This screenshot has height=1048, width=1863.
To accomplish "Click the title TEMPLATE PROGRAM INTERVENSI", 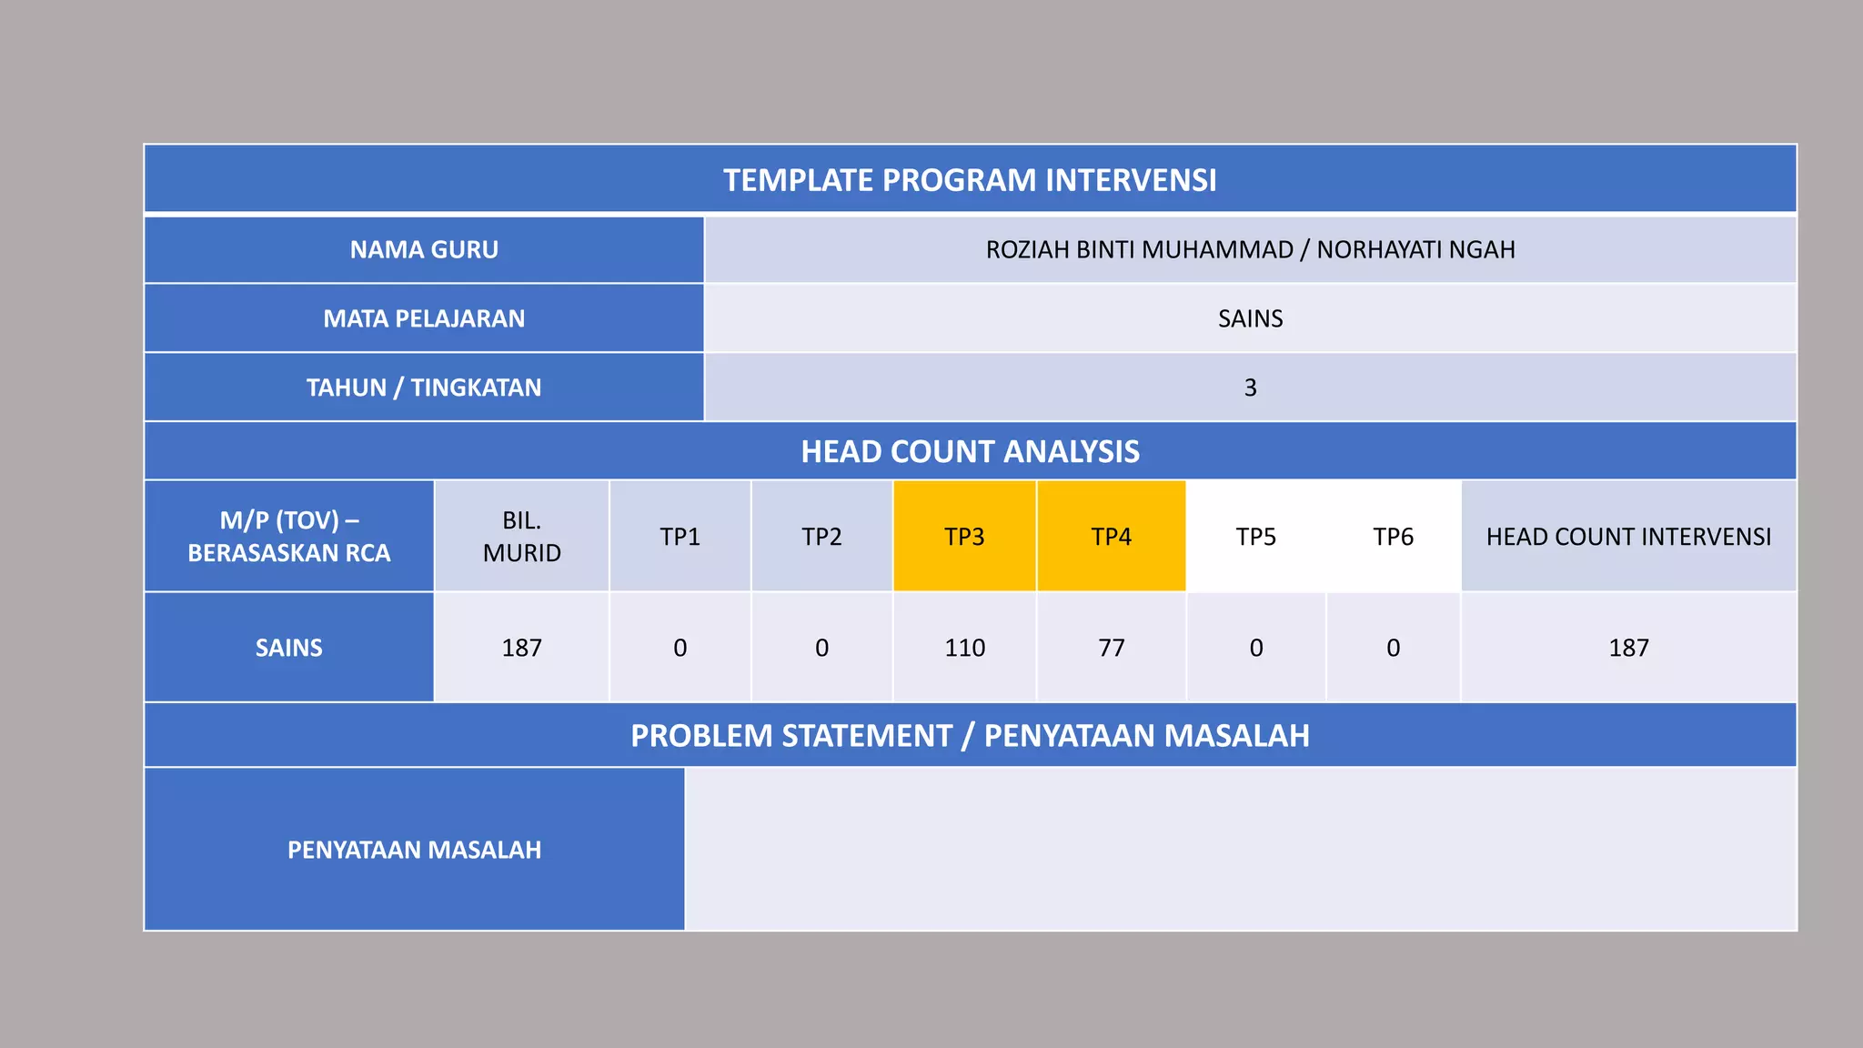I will [x=970, y=180].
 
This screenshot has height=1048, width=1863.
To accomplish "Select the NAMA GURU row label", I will [x=424, y=249].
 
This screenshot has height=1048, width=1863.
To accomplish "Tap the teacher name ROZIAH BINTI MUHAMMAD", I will [x=1139, y=249].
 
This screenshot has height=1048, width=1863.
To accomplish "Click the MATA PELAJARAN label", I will [x=424, y=318].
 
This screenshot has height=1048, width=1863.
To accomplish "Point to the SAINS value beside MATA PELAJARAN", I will [x=1250, y=318].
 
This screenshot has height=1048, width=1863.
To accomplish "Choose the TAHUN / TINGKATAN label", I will [x=424, y=388].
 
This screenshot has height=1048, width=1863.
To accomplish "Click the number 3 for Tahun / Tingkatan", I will [x=1250, y=388].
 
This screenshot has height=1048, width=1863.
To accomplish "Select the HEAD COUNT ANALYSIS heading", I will [x=970, y=451].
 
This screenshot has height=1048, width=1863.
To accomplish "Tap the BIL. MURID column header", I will [x=521, y=537].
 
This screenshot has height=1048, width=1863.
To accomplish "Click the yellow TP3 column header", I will [x=964, y=537].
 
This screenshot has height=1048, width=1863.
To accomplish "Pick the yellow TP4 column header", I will [x=1111, y=537].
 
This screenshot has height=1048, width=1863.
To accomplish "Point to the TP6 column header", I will [x=1393, y=537].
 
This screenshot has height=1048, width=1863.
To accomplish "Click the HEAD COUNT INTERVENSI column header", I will [x=1628, y=537].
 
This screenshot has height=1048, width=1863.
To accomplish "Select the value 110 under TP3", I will [x=964, y=648].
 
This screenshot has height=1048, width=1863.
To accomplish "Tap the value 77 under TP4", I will [x=1111, y=648].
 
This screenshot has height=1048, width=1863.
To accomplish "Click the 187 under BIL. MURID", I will [x=521, y=648].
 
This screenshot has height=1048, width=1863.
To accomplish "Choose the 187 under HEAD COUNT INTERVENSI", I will [x=1628, y=648].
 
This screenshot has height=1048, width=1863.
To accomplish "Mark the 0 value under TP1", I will [x=680, y=648].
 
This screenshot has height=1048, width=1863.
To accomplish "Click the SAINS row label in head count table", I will [x=288, y=648].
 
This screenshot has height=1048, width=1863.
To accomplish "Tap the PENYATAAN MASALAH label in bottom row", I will [x=414, y=850].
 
